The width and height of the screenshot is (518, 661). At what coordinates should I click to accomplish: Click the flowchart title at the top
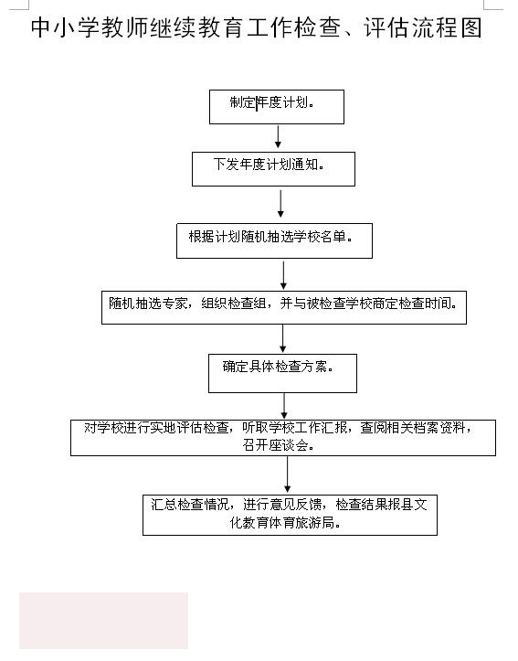click(256, 27)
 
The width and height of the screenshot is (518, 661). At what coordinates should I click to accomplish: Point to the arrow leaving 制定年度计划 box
click(278, 136)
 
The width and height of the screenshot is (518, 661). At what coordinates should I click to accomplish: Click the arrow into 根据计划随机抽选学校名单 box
click(280, 204)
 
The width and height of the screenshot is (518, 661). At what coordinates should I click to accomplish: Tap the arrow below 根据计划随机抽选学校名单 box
click(283, 275)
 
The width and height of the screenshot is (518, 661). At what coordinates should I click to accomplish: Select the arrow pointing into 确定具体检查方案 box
click(283, 338)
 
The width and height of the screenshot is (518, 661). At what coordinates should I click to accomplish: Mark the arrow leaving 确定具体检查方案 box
click(284, 406)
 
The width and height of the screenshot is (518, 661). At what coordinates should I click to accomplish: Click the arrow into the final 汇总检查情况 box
click(287, 474)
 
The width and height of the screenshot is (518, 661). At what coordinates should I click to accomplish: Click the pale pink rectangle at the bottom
click(103, 621)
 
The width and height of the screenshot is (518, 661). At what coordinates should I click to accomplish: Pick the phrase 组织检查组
click(233, 304)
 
